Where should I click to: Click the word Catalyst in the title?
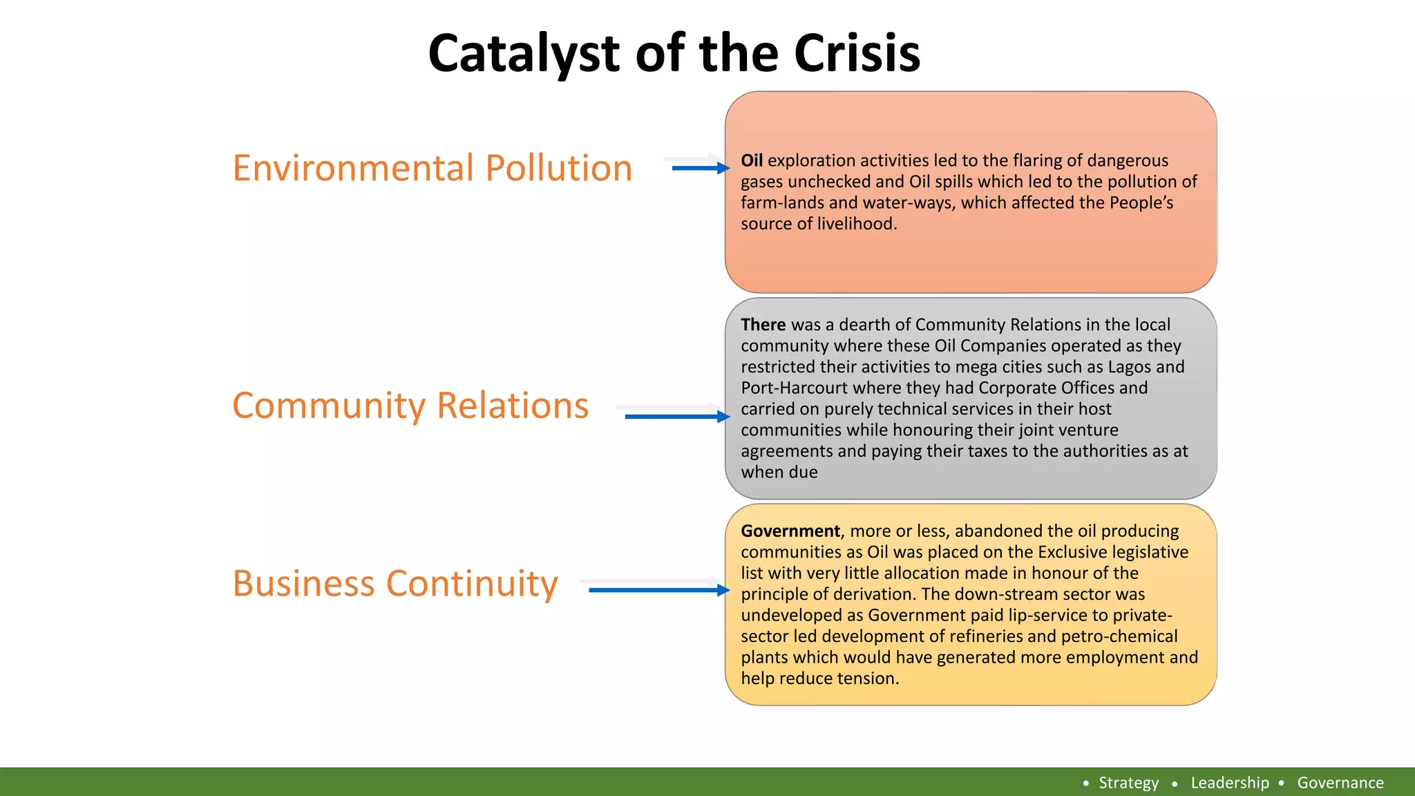pos(524,54)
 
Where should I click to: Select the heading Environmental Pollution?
pos(433,168)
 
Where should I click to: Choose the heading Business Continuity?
pos(395,583)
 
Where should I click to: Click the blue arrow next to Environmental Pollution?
pos(699,168)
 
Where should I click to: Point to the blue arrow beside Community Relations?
pos(676,416)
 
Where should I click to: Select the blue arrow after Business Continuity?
pos(658,590)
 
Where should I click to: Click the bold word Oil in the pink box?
pos(751,160)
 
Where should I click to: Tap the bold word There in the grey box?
pos(763,325)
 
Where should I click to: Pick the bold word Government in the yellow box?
pos(790,531)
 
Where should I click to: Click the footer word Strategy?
pos(1128,783)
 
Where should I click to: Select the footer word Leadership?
pos(1230,783)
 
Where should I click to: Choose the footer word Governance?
pos(1340,783)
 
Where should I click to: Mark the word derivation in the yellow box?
pos(870,594)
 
